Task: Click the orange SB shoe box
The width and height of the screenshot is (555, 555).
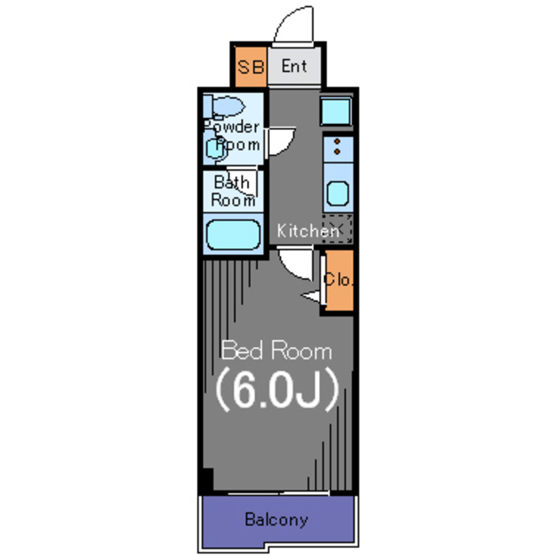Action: [251, 66]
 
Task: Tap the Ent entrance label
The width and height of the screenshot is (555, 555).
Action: [294, 66]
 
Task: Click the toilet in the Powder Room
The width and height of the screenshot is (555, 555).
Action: [225, 106]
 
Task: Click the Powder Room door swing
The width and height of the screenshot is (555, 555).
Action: [280, 140]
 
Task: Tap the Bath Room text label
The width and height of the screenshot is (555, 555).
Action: [233, 191]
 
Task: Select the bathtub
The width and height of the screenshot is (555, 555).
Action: [233, 234]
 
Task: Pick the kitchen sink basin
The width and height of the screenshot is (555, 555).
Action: [338, 193]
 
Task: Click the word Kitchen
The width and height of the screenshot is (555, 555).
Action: [308, 231]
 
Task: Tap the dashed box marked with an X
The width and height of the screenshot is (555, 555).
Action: [337, 228]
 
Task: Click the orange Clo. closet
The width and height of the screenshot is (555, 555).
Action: [339, 280]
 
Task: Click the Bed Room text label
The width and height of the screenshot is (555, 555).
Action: [277, 350]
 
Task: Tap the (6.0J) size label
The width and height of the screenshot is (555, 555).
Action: [277, 389]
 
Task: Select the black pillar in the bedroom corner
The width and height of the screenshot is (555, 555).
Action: [207, 480]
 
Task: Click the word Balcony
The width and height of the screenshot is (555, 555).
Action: [277, 519]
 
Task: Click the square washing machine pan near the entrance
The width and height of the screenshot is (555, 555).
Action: [336, 111]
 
